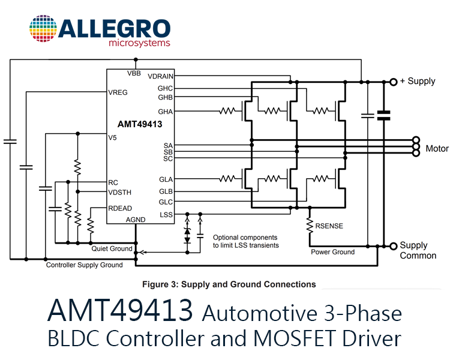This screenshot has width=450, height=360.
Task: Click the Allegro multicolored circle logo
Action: coord(43,29)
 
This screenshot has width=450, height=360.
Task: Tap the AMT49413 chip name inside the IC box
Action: coord(140,124)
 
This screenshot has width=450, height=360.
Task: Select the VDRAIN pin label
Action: coord(160,76)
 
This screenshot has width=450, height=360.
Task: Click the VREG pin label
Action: coord(118,92)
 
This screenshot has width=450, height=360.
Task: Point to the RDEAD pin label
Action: coord(120,208)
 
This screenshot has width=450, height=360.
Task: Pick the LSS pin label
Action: coord(166,215)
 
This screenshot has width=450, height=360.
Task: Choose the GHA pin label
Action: coord(166,112)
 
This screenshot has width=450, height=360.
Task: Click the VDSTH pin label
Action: coord(119,193)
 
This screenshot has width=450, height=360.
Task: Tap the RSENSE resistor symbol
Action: coord(310,226)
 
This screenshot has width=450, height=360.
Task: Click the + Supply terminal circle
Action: coord(394,82)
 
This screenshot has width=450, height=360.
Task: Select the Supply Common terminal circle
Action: coord(394,246)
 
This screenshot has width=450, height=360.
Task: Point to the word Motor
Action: coord(437,148)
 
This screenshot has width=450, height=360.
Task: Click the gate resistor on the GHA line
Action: coord(227,111)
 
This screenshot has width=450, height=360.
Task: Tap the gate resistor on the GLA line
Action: coord(227,179)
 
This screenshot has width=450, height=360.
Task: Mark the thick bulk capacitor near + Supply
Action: coord(384,115)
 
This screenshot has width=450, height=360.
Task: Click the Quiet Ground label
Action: coord(112,248)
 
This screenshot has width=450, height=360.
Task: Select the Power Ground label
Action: coord(332,252)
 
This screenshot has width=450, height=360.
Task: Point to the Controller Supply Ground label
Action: coord(85,265)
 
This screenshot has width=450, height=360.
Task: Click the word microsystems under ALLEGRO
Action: coord(139,43)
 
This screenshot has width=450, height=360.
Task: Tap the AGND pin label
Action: coord(136,220)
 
